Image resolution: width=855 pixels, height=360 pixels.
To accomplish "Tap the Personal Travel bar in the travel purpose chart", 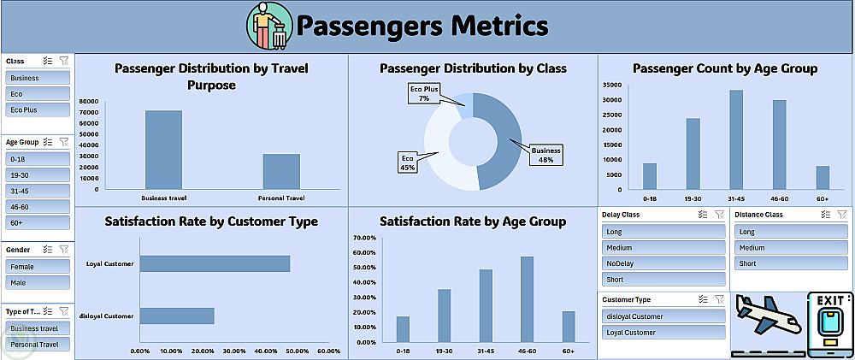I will tap(281, 171).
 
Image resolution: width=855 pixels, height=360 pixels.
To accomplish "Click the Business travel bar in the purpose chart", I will tap(163, 150).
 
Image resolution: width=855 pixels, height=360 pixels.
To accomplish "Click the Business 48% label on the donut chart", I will tap(546, 155).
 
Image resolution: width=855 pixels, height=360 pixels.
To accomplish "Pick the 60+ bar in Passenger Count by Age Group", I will tap(823, 177).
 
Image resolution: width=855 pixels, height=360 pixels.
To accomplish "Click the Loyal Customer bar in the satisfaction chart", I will tap(215, 263).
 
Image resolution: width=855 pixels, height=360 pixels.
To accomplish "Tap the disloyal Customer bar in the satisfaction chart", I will tap(177, 316).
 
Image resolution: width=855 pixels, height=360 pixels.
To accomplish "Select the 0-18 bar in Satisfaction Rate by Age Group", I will tap(403, 329).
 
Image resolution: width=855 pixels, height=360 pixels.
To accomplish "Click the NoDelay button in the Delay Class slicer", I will tap(663, 263).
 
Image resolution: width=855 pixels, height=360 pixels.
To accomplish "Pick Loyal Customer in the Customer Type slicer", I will tap(663, 332).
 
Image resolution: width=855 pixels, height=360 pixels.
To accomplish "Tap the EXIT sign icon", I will tap(829, 323).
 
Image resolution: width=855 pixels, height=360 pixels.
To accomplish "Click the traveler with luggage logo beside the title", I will tap(268, 26).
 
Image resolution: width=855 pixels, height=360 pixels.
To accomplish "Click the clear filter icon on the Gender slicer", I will tap(63, 250).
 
